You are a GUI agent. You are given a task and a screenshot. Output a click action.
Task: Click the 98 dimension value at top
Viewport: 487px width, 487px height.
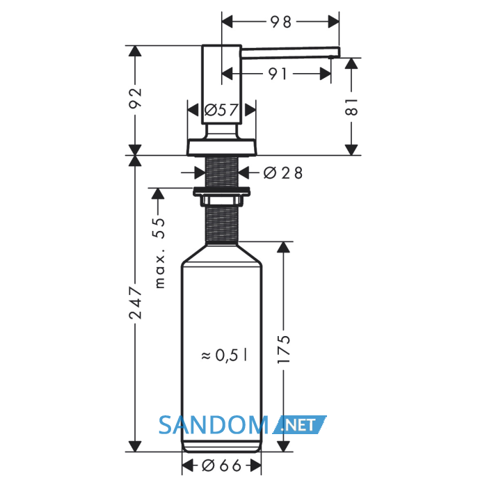[281, 22]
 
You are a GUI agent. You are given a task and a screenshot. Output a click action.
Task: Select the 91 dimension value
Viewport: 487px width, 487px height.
[278, 74]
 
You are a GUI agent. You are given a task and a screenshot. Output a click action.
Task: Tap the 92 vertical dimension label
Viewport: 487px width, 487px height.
[135, 98]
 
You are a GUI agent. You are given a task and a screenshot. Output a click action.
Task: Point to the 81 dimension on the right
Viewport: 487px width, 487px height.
[351, 107]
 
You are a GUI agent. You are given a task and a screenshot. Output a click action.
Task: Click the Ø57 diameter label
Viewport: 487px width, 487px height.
[221, 110]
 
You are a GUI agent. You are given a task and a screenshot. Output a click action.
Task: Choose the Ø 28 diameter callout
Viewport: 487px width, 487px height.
[282, 173]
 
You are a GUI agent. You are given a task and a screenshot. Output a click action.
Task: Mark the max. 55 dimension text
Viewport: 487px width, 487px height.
[159, 253]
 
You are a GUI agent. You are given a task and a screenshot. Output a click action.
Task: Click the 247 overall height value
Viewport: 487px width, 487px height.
[135, 303]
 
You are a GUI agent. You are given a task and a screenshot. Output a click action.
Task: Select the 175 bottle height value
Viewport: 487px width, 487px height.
[283, 349]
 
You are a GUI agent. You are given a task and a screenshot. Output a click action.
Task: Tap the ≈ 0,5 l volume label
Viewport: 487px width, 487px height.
[224, 356]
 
